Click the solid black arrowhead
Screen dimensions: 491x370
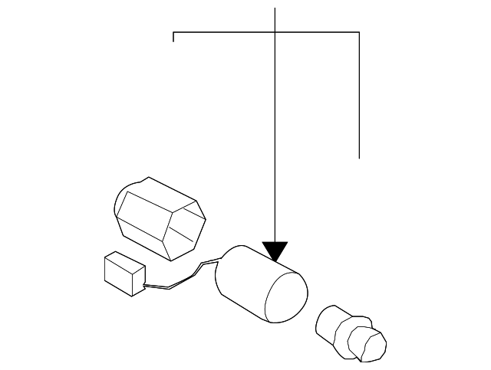(x=275, y=250)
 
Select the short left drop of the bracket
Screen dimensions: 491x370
(x=175, y=37)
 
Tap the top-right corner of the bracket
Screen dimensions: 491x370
(x=359, y=32)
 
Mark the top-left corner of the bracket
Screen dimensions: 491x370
(x=175, y=32)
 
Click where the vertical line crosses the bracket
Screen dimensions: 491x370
(x=275, y=32)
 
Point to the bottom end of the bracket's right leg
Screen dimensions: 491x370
(x=359, y=157)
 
